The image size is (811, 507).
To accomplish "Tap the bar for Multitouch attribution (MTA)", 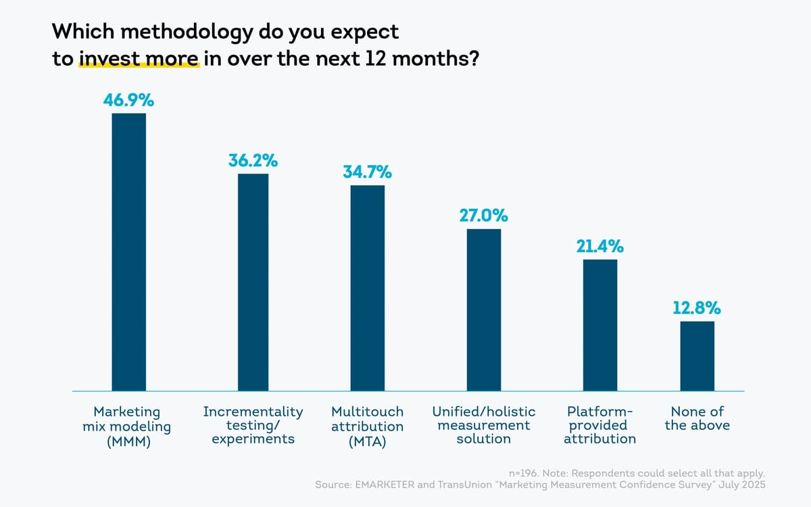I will coord(367,287).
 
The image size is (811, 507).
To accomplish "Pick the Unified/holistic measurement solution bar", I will coord(484,310).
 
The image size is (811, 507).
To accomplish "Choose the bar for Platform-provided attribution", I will coord(600,324).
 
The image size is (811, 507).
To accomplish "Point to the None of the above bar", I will coord(697,356).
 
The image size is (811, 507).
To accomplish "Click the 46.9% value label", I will coord(128,101).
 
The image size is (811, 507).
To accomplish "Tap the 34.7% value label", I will coord(367,172).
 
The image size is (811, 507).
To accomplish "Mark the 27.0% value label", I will coord(484,216).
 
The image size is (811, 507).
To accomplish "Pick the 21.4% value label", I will coord(600,247).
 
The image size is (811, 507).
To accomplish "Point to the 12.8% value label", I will coord(697,308).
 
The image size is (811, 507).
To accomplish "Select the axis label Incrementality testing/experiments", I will coord(253,425).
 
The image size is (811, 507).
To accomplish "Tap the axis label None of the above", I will coord(697,418).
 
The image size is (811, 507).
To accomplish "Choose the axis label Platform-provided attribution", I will coord(600,425).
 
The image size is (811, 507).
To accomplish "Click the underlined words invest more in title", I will coord(139,59).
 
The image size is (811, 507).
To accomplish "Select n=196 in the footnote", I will coord(523,473).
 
